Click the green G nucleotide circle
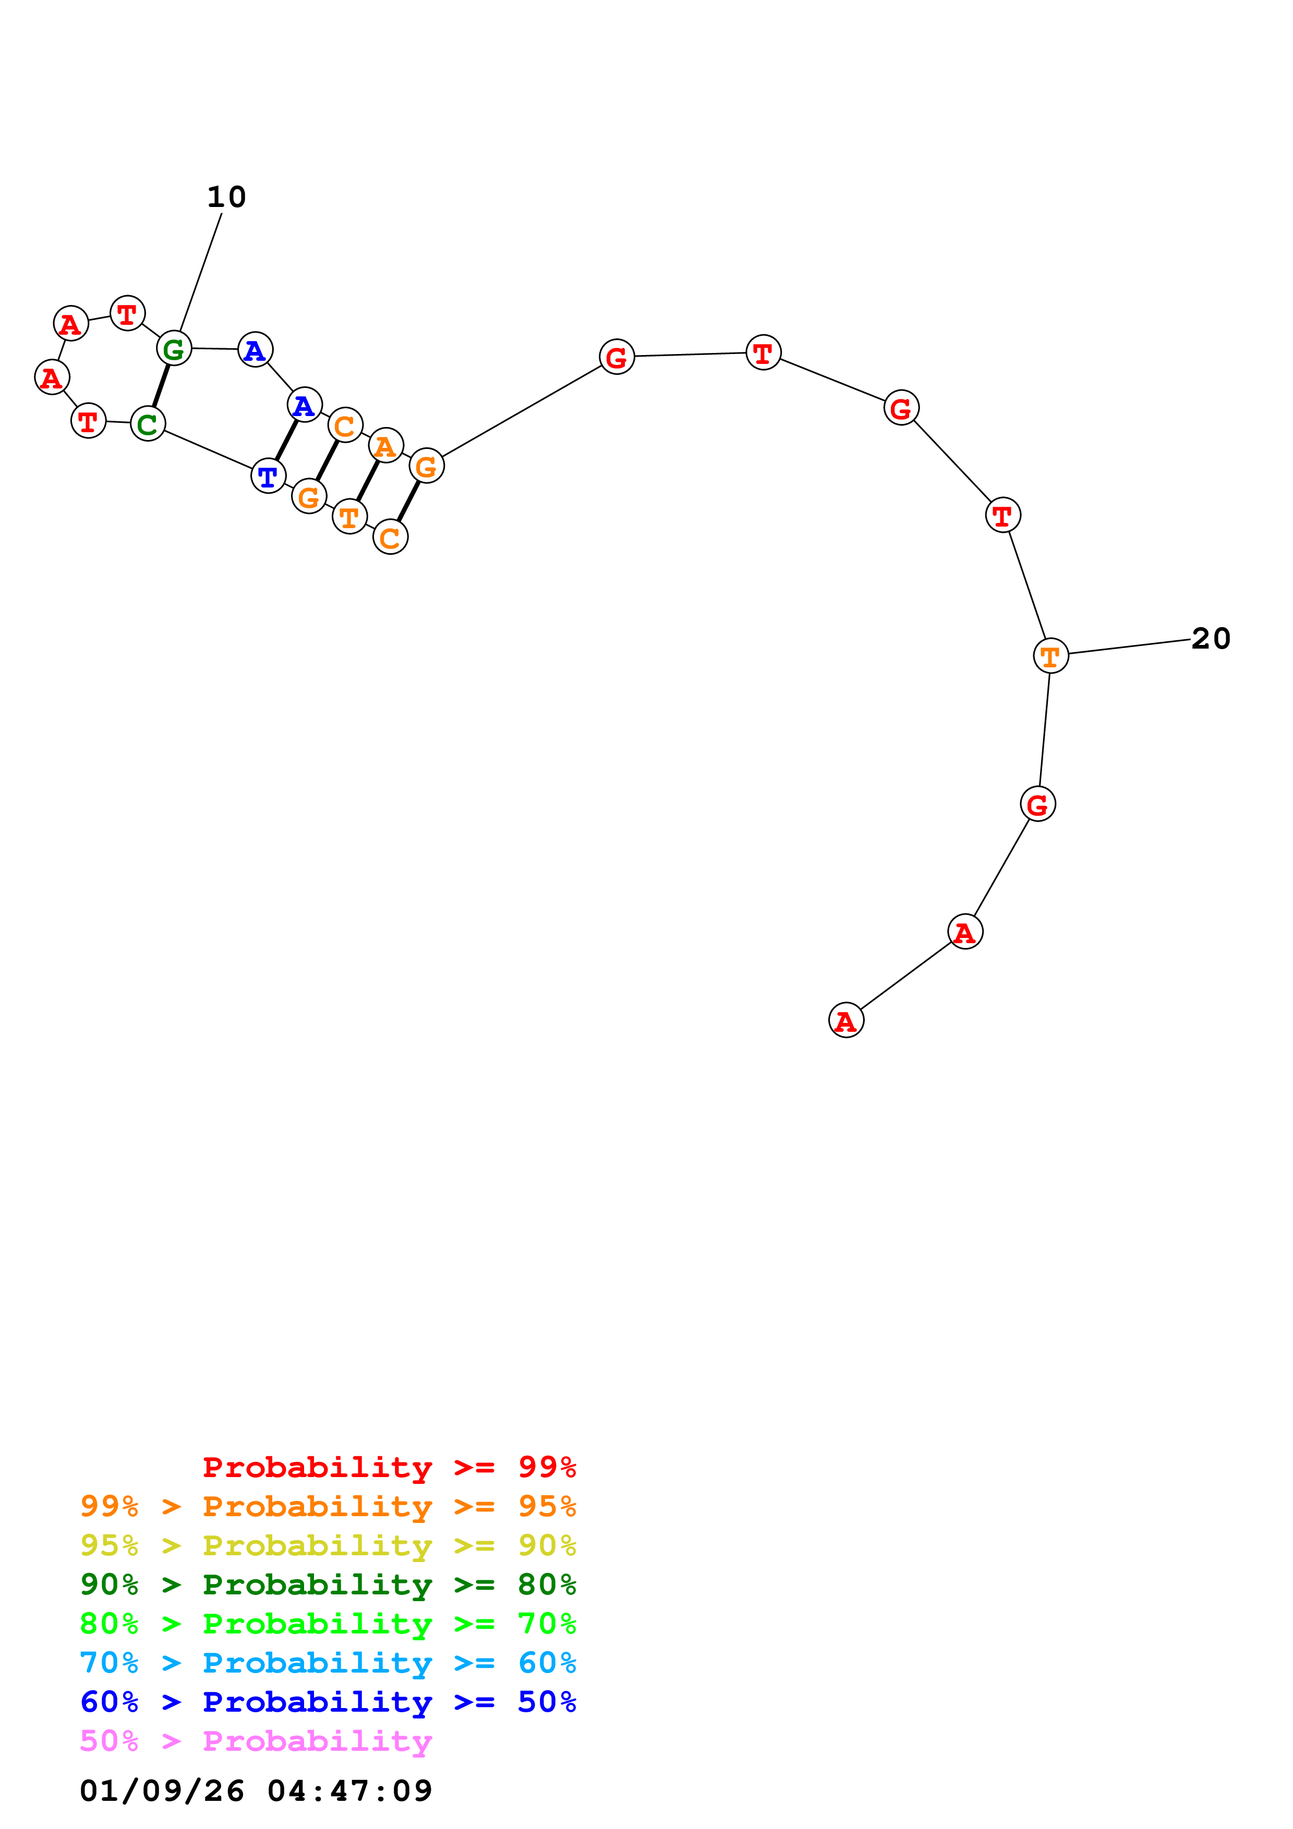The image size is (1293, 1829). pos(174,348)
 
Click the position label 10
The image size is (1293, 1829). pos(226,197)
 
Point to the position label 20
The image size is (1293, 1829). pos(1210,638)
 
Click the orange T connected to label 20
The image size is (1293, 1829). pos(1050,655)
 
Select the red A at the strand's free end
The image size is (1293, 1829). pos(845,1020)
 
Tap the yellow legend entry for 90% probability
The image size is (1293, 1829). pos(328,1545)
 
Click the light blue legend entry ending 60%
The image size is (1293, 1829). pos(328,1663)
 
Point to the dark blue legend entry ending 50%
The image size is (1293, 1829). pos(328,1702)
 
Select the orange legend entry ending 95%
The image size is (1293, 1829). pos(328,1506)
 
